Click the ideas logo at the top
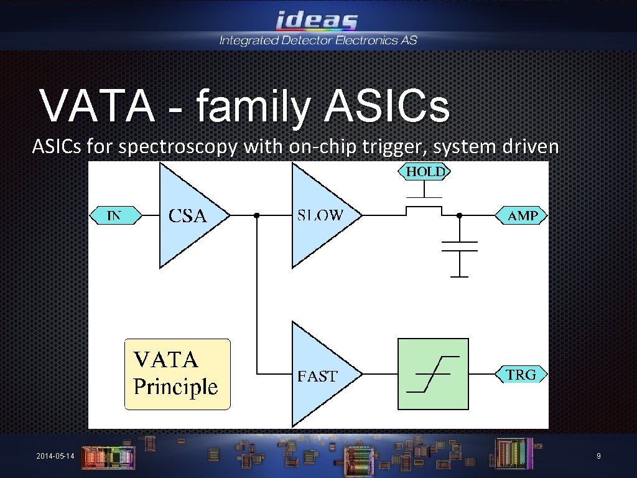click(x=317, y=21)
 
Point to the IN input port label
click(x=116, y=216)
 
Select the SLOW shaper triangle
click(x=320, y=215)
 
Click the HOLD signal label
click(x=426, y=171)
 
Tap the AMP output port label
click(x=521, y=216)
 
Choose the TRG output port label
click(x=521, y=374)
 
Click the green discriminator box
click(x=433, y=374)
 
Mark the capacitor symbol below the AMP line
click(x=459, y=246)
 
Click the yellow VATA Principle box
click(x=177, y=374)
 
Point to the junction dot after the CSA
click(x=256, y=216)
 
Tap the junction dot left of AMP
click(x=459, y=216)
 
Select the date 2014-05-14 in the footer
click(x=55, y=457)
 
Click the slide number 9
click(x=598, y=457)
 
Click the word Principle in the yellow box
click(x=176, y=387)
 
